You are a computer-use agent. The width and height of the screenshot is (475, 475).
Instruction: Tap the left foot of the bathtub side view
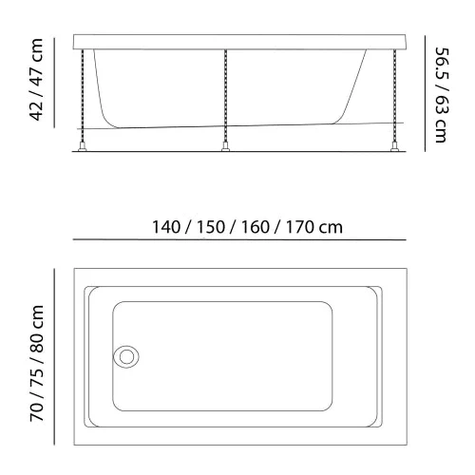click(x=83, y=147)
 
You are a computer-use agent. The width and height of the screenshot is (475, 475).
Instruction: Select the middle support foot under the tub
click(x=225, y=147)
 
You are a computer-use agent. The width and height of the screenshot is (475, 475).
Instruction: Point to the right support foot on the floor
click(x=394, y=147)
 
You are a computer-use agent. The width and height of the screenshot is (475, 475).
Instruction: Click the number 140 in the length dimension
click(x=166, y=227)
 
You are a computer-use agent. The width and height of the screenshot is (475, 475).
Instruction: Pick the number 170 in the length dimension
click(x=300, y=227)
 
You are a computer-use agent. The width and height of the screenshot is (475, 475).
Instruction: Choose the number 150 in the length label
click(x=211, y=227)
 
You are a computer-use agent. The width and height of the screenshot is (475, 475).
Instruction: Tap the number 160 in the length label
click(x=256, y=227)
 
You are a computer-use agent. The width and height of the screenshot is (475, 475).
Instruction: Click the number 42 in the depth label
click(x=36, y=111)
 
